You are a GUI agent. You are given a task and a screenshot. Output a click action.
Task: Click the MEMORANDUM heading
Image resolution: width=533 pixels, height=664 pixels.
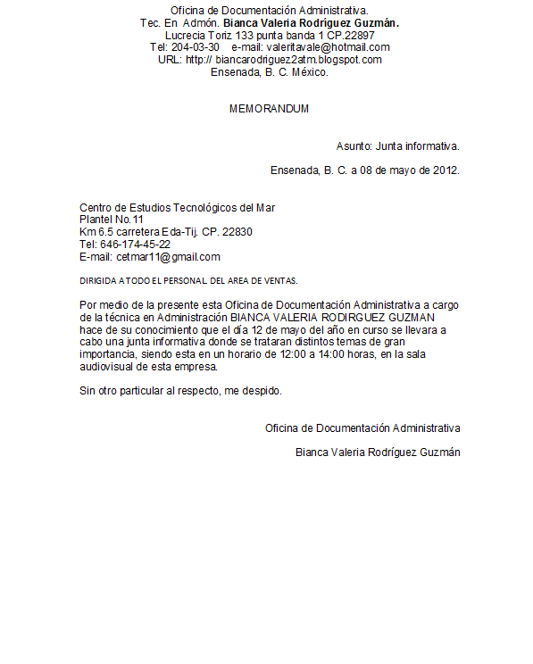269,109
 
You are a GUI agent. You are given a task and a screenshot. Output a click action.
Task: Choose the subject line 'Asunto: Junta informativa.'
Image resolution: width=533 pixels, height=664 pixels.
398,145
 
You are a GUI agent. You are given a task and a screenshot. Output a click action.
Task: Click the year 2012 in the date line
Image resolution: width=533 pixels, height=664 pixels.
446,170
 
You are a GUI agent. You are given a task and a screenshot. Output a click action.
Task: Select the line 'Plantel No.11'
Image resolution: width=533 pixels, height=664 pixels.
112,220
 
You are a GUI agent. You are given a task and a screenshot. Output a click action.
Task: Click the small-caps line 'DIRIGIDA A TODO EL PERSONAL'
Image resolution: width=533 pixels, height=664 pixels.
188,280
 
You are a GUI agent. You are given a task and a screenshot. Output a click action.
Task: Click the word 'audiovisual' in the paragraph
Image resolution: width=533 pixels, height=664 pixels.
110,366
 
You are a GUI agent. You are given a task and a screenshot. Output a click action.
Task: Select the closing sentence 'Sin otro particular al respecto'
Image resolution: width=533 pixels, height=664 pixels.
180,391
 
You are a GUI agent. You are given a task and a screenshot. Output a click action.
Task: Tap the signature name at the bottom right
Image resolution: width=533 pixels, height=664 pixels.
378,452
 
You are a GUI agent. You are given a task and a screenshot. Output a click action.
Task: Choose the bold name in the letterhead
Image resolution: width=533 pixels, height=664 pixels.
311,22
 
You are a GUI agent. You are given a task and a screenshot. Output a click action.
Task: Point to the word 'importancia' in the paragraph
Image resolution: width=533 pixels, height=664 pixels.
107,354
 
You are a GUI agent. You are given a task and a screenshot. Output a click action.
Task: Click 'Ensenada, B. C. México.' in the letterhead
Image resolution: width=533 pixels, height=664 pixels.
270,72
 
